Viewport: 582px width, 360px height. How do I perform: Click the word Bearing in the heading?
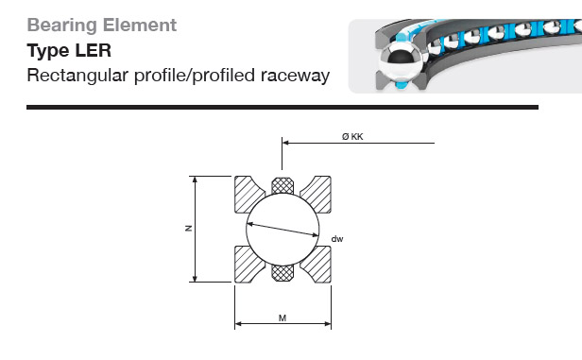(x=62, y=26)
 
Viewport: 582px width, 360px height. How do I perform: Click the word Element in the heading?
(x=140, y=25)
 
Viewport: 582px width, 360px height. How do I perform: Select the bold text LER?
(x=94, y=50)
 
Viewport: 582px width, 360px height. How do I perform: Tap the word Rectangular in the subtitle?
(x=77, y=76)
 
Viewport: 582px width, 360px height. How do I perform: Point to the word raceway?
(x=295, y=77)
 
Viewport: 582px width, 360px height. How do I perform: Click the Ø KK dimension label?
(x=352, y=137)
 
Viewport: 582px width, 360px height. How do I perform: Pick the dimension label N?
(x=189, y=229)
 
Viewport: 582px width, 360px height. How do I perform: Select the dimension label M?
(x=282, y=318)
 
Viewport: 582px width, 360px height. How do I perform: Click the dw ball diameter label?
(x=337, y=239)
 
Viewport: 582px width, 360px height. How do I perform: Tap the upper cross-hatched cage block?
(x=282, y=185)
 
